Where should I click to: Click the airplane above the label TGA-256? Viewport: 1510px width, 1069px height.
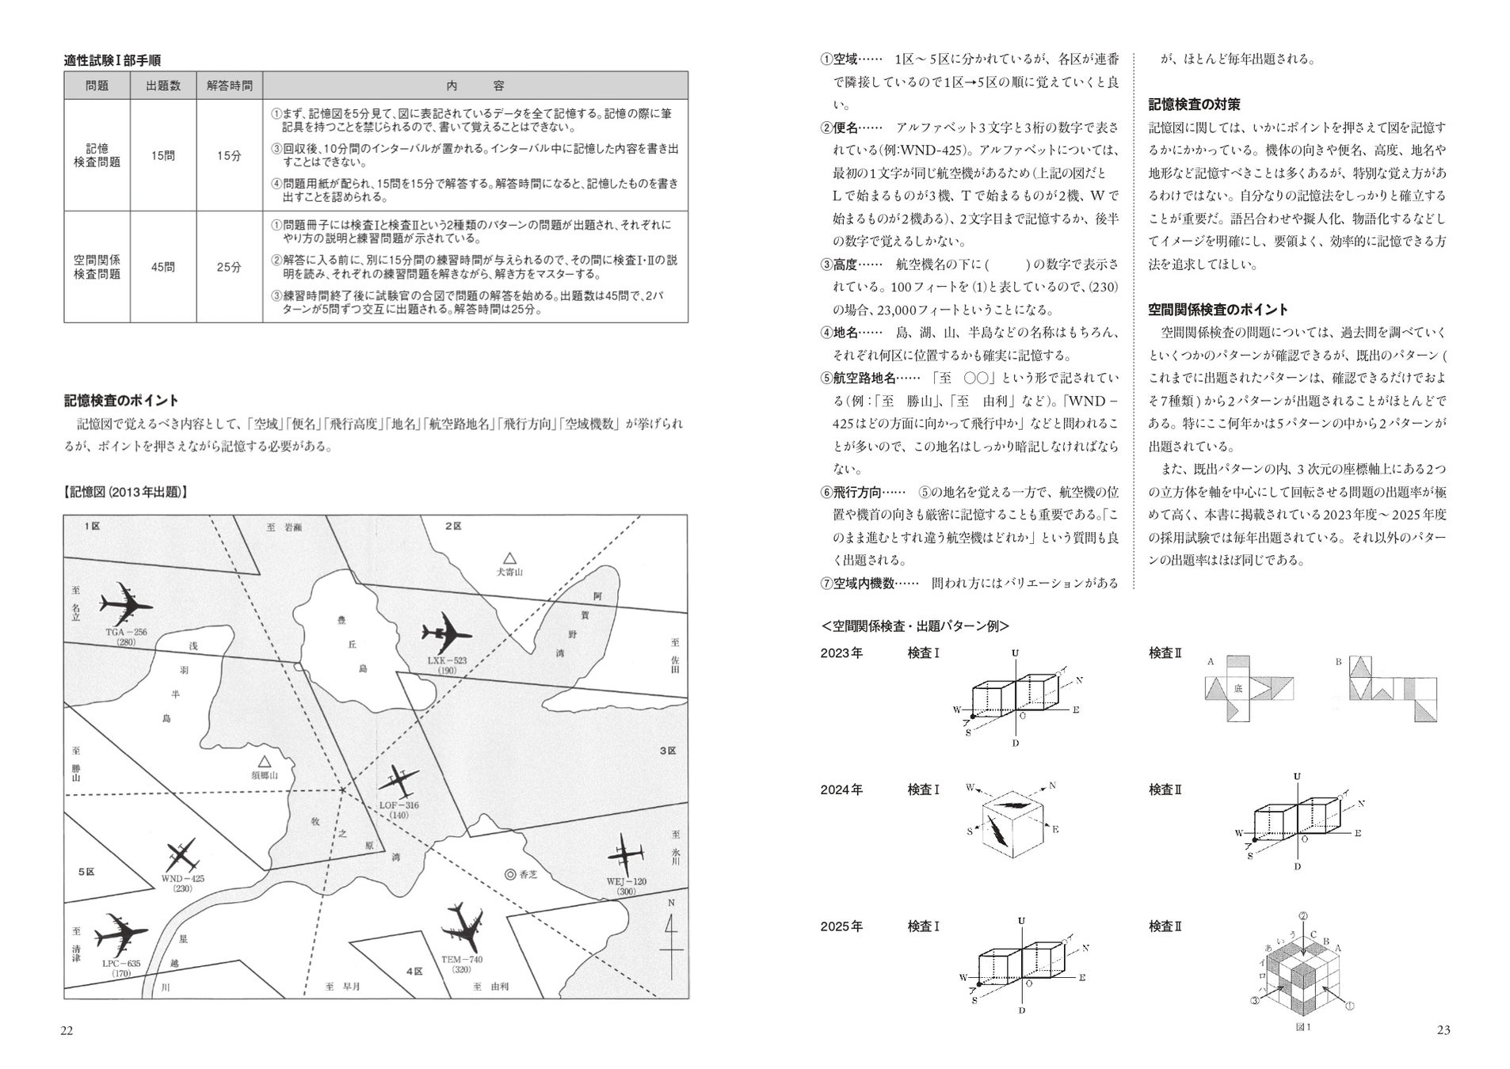tap(125, 606)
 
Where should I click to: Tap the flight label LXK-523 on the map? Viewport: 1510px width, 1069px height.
tap(447, 660)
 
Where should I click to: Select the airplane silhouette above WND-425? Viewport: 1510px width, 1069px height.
tap(183, 855)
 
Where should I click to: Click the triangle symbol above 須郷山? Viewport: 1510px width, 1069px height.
tap(265, 760)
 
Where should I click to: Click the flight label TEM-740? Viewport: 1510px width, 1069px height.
tap(461, 960)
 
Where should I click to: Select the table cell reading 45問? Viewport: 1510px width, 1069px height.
tap(163, 267)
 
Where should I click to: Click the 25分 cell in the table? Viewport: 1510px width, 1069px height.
tap(229, 267)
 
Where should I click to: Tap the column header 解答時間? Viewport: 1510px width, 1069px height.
tap(229, 86)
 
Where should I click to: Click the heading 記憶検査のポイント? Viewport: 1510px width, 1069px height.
tap(121, 400)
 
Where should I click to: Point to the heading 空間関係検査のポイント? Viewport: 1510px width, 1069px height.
tap(1218, 310)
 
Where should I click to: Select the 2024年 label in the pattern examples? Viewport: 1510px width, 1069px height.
tap(841, 789)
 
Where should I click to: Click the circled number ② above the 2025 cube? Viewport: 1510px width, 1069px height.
tap(1302, 916)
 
